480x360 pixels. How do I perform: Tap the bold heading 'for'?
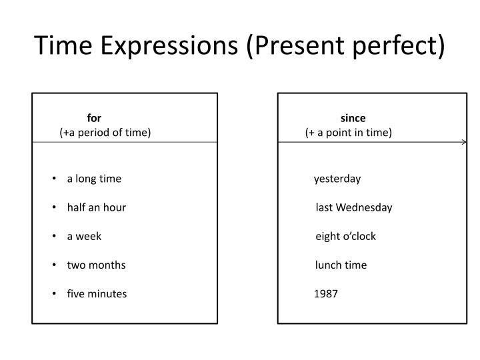94,119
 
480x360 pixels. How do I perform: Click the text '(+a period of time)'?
105,132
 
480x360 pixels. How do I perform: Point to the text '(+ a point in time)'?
349,132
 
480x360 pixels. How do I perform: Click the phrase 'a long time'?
94,179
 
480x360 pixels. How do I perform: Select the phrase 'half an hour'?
97,207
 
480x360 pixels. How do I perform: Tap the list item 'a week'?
84,236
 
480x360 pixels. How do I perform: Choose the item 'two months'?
96,265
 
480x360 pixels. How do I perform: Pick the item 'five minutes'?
97,293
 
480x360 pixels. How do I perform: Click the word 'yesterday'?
337,179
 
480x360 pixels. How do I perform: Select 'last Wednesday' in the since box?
354,207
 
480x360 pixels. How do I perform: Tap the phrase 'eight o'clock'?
345,236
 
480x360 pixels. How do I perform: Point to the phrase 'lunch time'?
341,265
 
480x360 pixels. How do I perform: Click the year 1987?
326,293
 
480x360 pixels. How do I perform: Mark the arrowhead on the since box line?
463,142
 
